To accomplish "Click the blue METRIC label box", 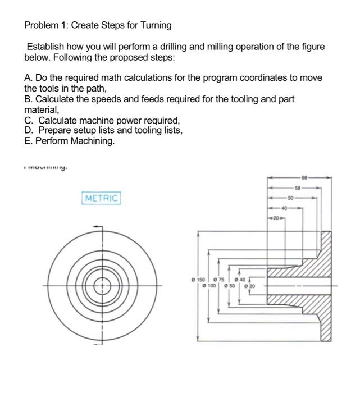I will point(102,198).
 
